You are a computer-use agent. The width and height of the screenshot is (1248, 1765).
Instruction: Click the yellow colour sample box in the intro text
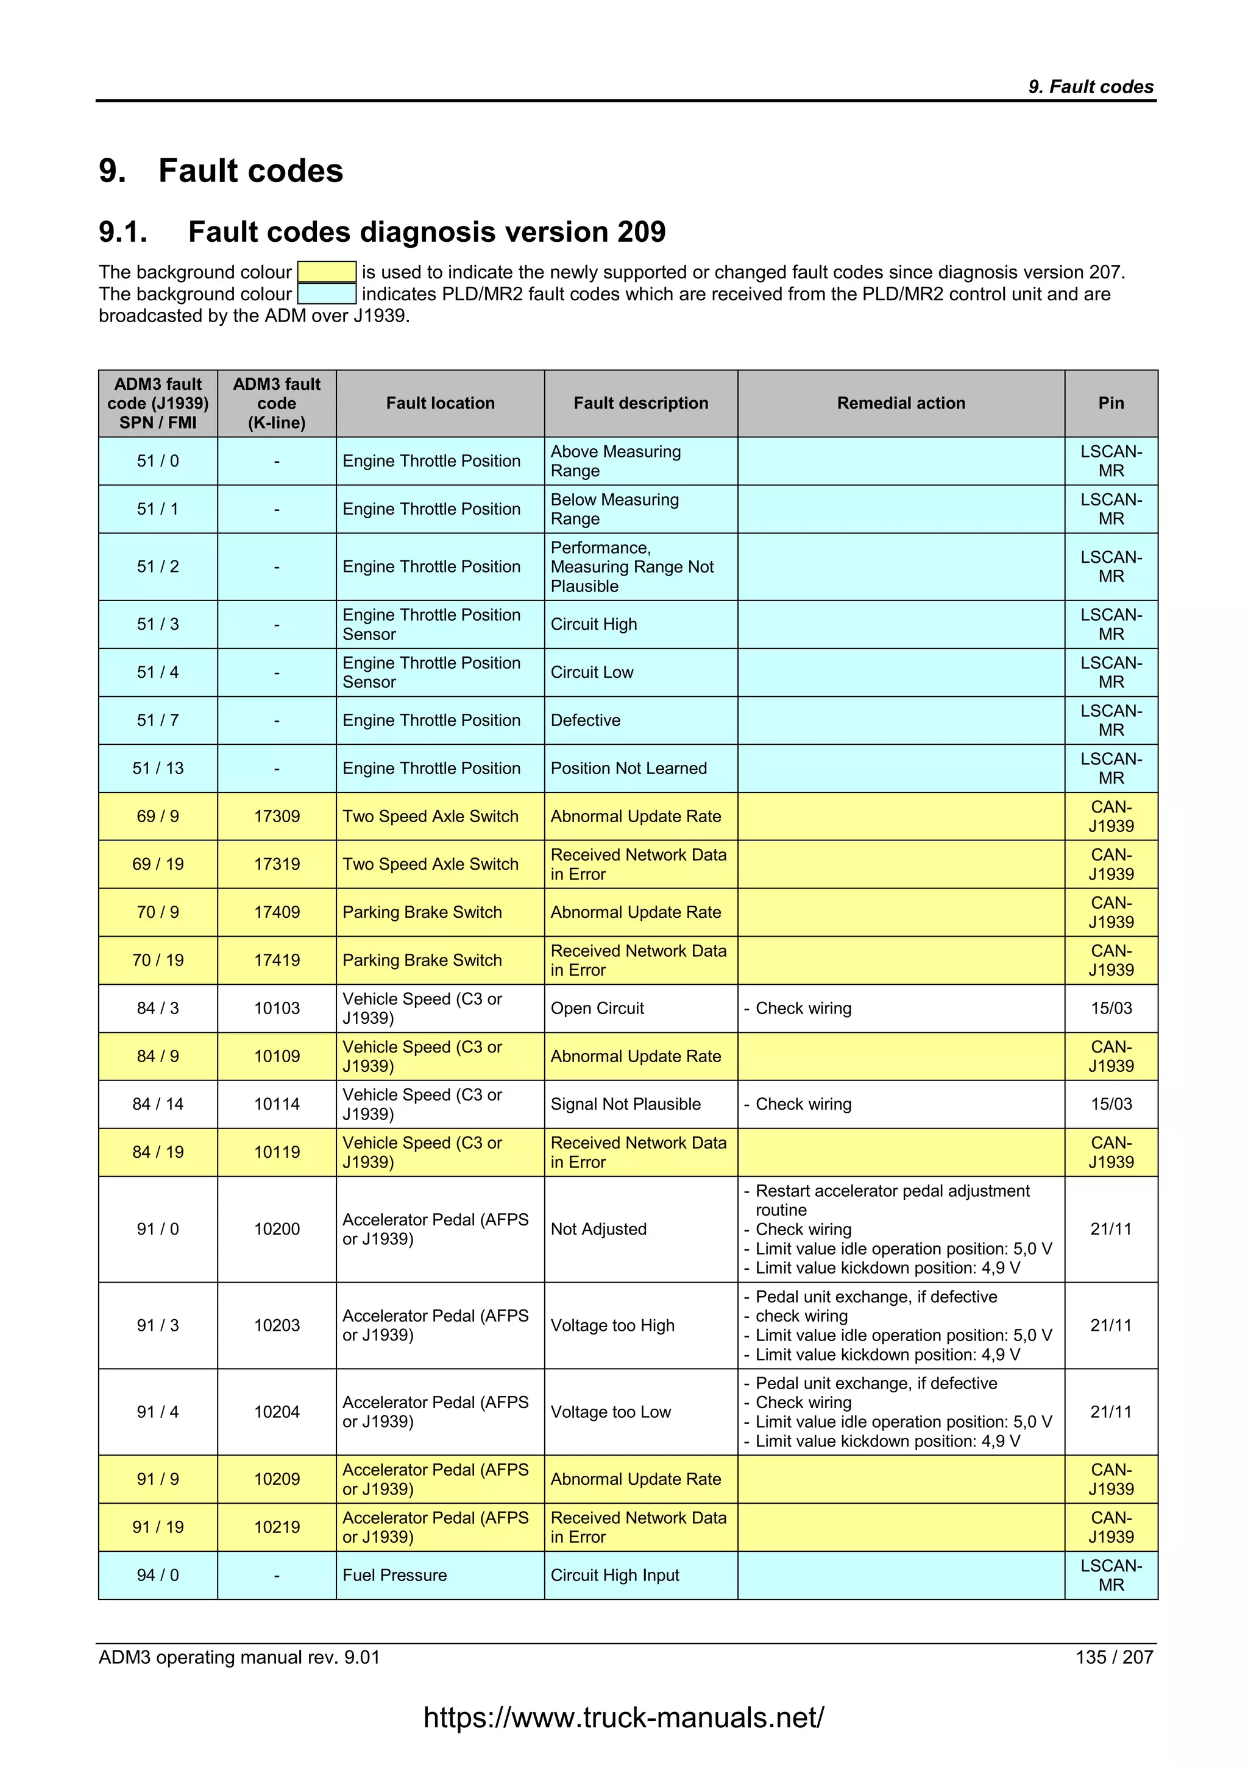pyautogui.click(x=326, y=272)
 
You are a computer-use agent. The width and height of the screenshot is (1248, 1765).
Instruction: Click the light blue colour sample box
pyautogui.click(x=326, y=294)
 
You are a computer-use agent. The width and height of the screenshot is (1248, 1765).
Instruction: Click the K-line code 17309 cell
pyautogui.click(x=277, y=816)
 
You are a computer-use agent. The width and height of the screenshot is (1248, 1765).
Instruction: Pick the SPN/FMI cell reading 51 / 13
pyautogui.click(x=158, y=768)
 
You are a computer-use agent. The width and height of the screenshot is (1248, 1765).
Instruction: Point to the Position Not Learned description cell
pyautogui.click(x=640, y=768)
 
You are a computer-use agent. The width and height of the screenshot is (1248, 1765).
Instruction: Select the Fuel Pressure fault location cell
pyautogui.click(x=440, y=1575)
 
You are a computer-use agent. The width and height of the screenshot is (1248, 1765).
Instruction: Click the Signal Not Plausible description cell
pyautogui.click(x=640, y=1104)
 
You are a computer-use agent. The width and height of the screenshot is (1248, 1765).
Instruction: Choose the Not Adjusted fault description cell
pyautogui.click(x=640, y=1229)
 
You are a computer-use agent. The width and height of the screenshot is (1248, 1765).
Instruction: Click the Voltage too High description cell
pyautogui.click(x=640, y=1325)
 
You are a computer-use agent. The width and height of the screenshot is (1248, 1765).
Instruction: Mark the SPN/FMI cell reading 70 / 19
pyautogui.click(x=158, y=960)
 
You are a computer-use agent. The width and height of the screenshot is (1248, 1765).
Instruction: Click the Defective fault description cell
pyautogui.click(x=640, y=720)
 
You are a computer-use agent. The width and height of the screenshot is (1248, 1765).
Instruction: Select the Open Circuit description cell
pyautogui.click(x=640, y=1008)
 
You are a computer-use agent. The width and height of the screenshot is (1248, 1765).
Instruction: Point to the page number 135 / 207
pyautogui.click(x=1113, y=1657)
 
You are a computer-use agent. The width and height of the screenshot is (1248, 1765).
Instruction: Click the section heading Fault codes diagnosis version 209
pyautogui.click(x=427, y=231)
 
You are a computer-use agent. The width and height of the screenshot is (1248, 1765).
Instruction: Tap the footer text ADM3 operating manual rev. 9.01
pyautogui.click(x=239, y=1657)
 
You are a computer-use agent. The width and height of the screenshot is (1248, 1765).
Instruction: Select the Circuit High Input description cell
pyautogui.click(x=640, y=1575)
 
